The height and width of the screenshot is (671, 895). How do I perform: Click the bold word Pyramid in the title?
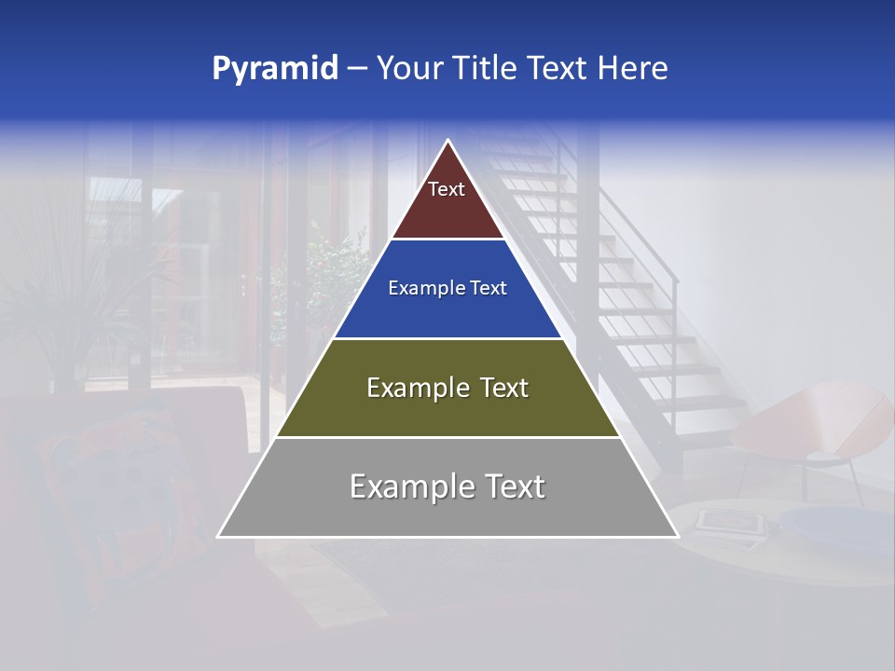[274, 69]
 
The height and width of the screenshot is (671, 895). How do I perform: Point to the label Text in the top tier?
[447, 189]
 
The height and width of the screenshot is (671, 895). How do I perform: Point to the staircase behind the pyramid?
[634, 308]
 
